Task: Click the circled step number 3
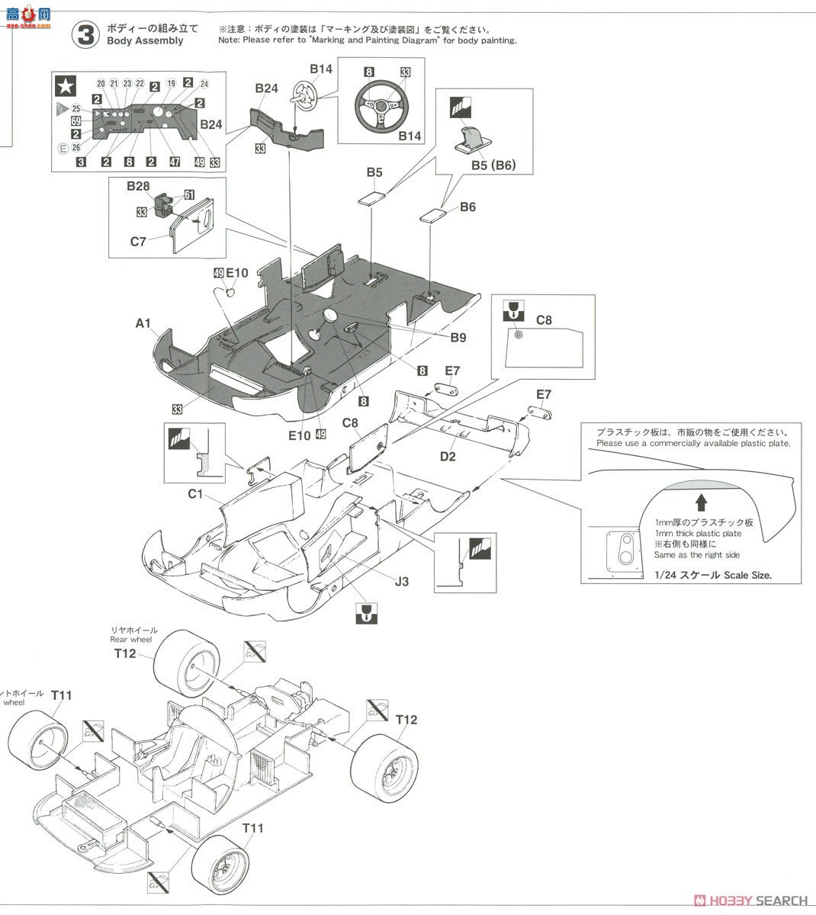click(86, 34)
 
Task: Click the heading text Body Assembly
click(145, 41)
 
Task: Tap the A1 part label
click(143, 323)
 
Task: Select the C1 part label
click(197, 494)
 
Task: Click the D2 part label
click(448, 456)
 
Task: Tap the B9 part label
click(458, 338)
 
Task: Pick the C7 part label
click(138, 242)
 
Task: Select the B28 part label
click(138, 186)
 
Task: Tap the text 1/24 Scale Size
click(712, 575)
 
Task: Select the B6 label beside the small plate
click(467, 207)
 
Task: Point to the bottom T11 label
click(253, 827)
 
